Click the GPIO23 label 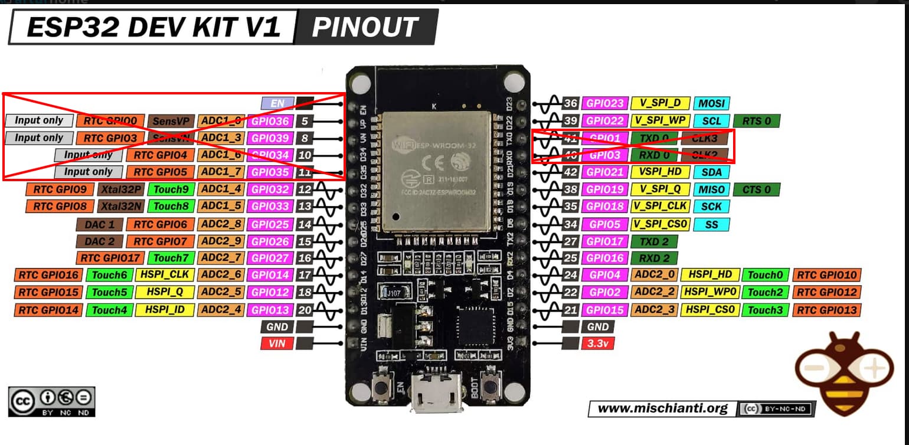604,103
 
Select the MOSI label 711,103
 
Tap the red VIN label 276,343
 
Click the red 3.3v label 598,343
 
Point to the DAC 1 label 99,224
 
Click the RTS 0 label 757,121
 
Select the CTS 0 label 757,189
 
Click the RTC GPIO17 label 110,258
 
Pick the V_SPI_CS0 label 660,224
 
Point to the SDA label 711,172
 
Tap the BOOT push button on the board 489,387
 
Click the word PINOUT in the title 364,27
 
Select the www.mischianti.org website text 662,408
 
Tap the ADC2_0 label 654,274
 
